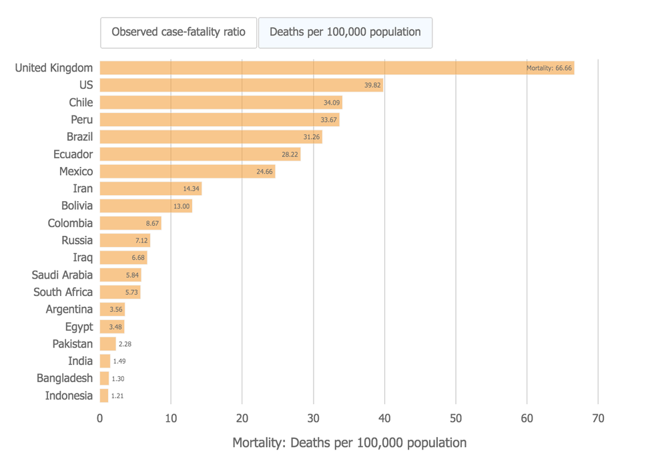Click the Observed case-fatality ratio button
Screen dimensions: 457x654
[178, 32]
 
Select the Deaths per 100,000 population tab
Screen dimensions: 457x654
[345, 32]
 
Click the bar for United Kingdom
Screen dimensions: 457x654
[337, 67]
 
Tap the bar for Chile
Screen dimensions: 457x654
[221, 102]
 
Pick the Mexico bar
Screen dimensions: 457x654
[188, 172]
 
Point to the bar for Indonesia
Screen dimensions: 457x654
[104, 396]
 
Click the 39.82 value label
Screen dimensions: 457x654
[372, 85]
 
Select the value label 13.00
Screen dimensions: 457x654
[182, 206]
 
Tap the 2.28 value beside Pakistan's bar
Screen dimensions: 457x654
[125, 344]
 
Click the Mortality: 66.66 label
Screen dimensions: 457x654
[549, 67]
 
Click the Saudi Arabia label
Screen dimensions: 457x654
[62, 275]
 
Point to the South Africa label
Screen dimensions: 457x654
[63, 292]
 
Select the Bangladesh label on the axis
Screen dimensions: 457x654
[65, 378]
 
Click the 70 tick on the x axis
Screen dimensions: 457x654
[598, 418]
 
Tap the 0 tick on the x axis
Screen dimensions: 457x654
[100, 418]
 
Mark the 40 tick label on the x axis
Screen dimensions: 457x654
[384, 418]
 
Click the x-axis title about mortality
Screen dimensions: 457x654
[349, 442]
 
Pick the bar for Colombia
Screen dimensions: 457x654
[131, 223]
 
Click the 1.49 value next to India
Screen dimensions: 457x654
[119, 361]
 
